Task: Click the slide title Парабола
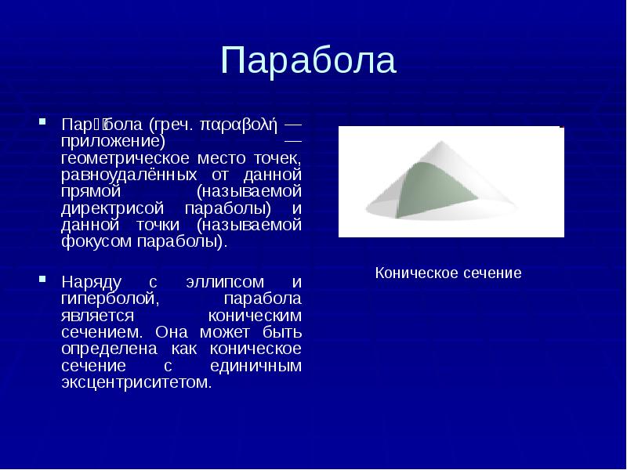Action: point(309,61)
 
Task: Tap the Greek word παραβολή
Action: point(239,125)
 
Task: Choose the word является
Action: point(92,315)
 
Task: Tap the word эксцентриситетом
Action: point(136,383)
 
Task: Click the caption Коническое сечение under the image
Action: point(448,273)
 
